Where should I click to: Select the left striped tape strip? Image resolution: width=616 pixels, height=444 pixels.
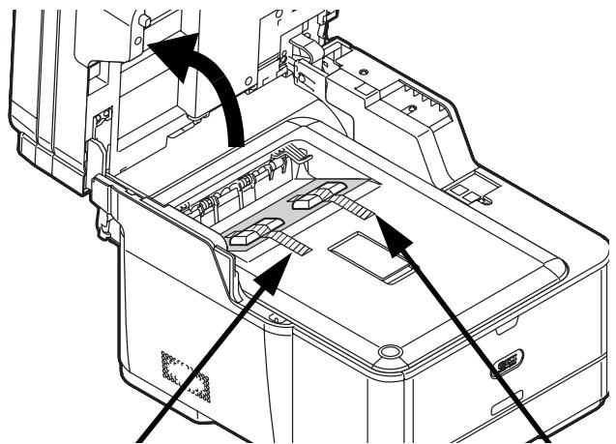[x=287, y=243]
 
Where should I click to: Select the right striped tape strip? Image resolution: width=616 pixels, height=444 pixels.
[x=352, y=207]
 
